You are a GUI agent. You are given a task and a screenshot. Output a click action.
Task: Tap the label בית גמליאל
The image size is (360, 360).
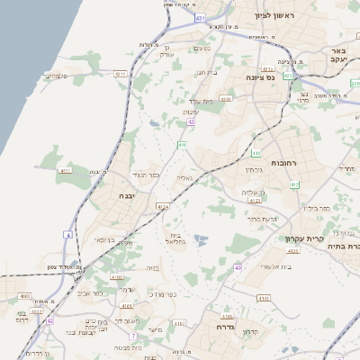(175, 239)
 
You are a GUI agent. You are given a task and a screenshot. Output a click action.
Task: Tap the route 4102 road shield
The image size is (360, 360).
(125, 307)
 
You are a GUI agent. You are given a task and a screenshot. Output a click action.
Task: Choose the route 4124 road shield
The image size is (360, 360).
(162, 207)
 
